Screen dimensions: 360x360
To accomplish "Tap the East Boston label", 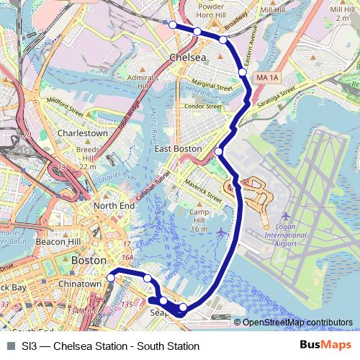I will [178, 148].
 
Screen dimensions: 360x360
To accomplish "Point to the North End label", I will [114, 206].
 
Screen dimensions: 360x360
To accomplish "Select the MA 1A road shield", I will [266, 76].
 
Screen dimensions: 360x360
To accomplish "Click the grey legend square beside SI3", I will [10, 346].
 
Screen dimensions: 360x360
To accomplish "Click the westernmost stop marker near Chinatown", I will [111, 277].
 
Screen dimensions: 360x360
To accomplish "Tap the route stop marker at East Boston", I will [219, 151].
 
